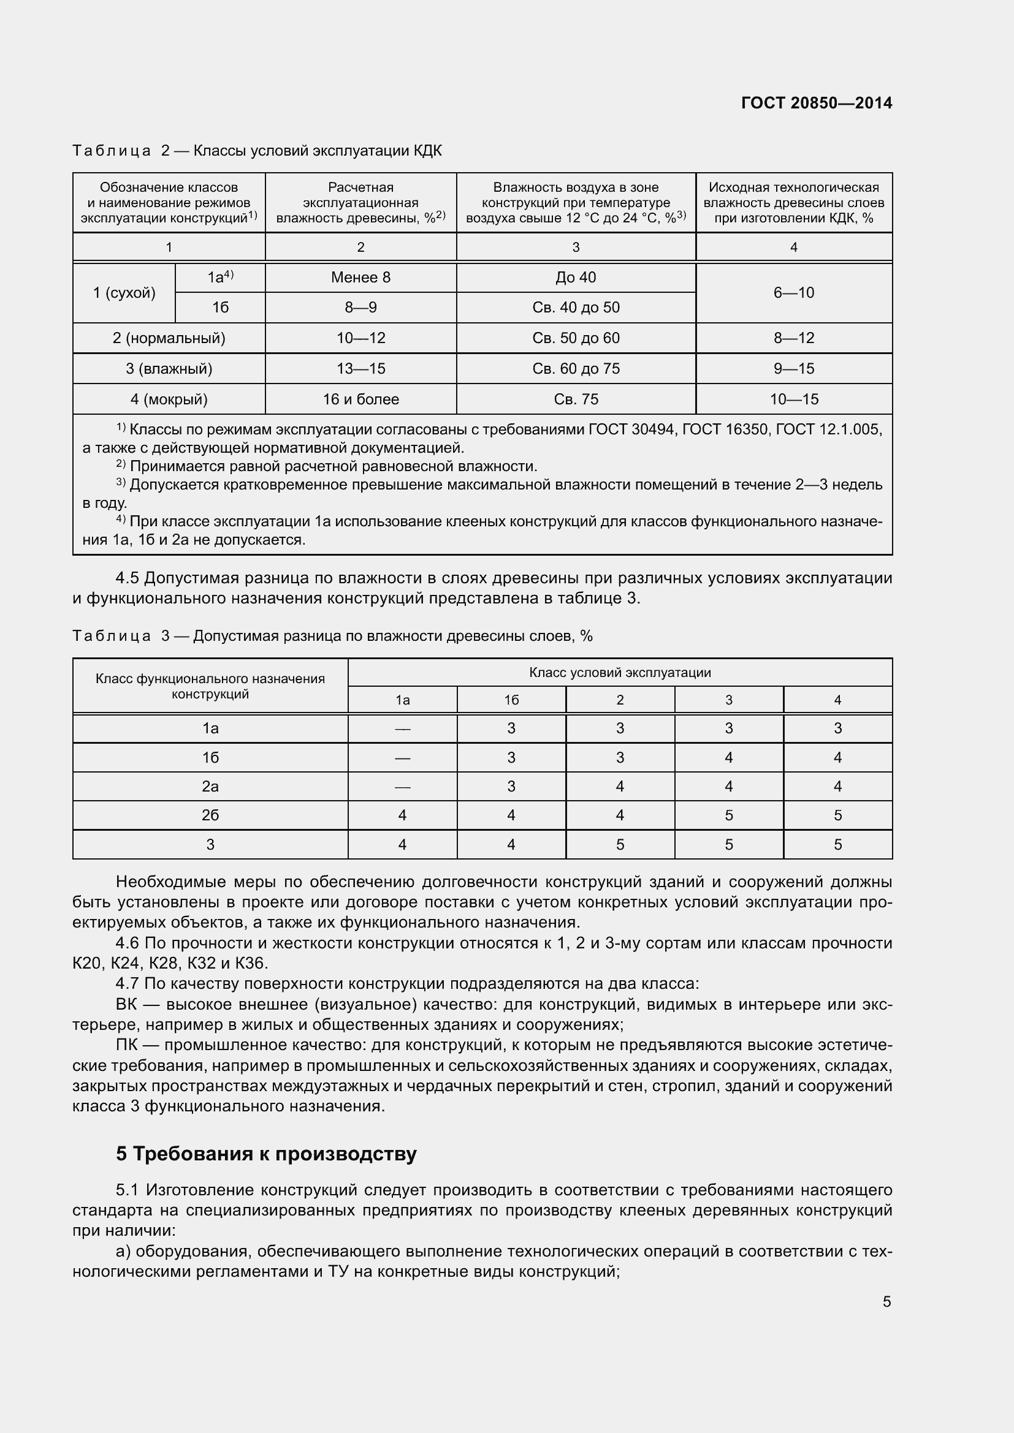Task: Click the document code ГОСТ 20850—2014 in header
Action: pyautogui.click(x=816, y=103)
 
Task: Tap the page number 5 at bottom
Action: pyautogui.click(x=886, y=1301)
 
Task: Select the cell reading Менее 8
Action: pyautogui.click(x=360, y=277)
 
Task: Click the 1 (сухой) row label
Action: pyautogui.click(x=124, y=293)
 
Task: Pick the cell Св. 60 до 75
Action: pyautogui.click(x=576, y=368)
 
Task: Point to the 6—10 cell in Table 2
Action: pyautogui.click(x=793, y=293)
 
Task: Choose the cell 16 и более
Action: pyautogui.click(x=360, y=399)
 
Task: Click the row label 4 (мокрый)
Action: pyautogui.click(x=169, y=399)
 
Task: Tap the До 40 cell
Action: pyautogui.click(x=576, y=277)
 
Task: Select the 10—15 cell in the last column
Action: pyautogui.click(x=793, y=399)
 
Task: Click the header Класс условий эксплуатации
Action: pyautogui.click(x=619, y=672)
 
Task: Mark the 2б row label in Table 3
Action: pyautogui.click(x=210, y=815)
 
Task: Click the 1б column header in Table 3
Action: pyautogui.click(x=511, y=700)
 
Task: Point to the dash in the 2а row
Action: pyautogui.click(x=402, y=787)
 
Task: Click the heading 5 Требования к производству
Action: pyautogui.click(x=266, y=1154)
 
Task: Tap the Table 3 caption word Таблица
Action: pyautogui.click(x=111, y=636)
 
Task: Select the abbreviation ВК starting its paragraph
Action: pyautogui.click(x=126, y=1004)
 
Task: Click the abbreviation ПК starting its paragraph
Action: pyautogui.click(x=126, y=1045)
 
